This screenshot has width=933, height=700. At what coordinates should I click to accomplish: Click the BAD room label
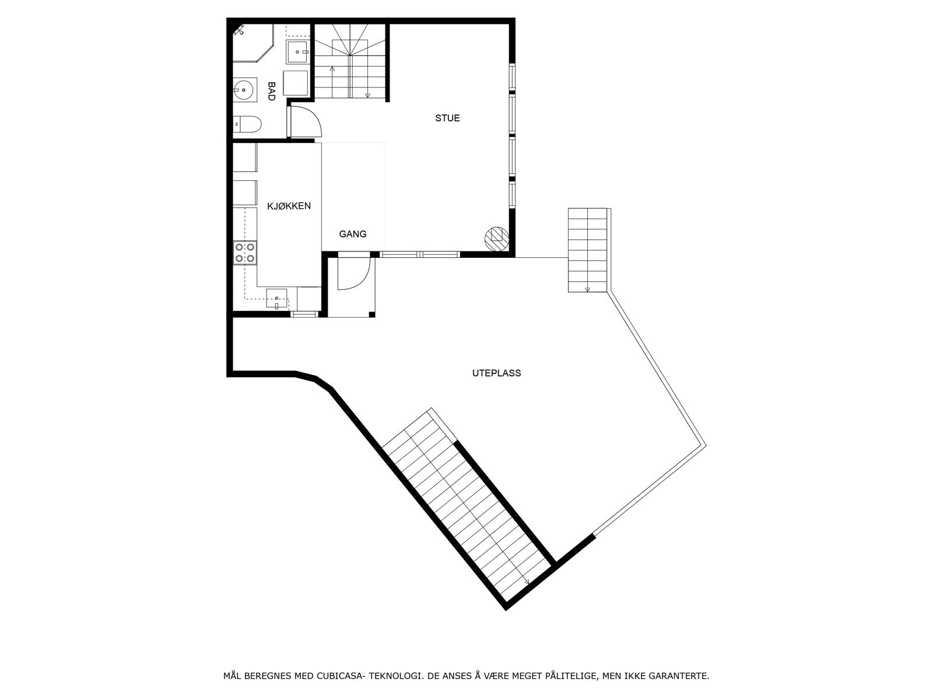click(271, 92)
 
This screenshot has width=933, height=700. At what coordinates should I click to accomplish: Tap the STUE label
click(447, 118)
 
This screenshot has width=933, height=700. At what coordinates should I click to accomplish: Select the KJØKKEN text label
click(289, 206)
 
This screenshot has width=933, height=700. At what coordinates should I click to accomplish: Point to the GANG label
click(353, 234)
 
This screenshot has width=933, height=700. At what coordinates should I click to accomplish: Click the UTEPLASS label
click(496, 373)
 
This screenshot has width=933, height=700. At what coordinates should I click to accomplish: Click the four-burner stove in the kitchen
click(244, 253)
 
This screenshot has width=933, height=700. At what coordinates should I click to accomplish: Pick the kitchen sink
click(277, 297)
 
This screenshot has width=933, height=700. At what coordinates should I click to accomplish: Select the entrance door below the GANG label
click(354, 274)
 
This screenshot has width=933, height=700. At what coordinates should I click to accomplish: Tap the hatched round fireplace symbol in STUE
click(496, 236)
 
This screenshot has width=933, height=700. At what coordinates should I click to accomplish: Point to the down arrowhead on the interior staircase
click(368, 95)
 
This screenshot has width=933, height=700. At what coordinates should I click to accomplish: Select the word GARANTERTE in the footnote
click(680, 676)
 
